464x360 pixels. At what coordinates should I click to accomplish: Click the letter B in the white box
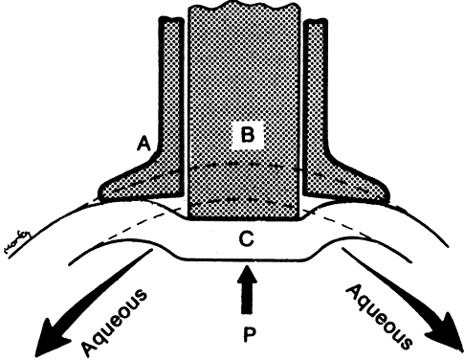tap(248, 135)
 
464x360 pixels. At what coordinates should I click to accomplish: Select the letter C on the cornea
tap(246, 238)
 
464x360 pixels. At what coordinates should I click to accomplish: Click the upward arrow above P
tap(247, 289)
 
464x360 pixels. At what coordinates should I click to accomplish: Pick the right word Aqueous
tap(379, 317)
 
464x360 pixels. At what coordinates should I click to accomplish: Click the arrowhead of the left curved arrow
tap(51, 339)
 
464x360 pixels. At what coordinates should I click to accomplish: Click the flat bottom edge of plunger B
tap(244, 218)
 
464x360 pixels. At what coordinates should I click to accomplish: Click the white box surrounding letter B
tap(248, 135)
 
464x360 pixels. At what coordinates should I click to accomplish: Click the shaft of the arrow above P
tap(247, 298)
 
